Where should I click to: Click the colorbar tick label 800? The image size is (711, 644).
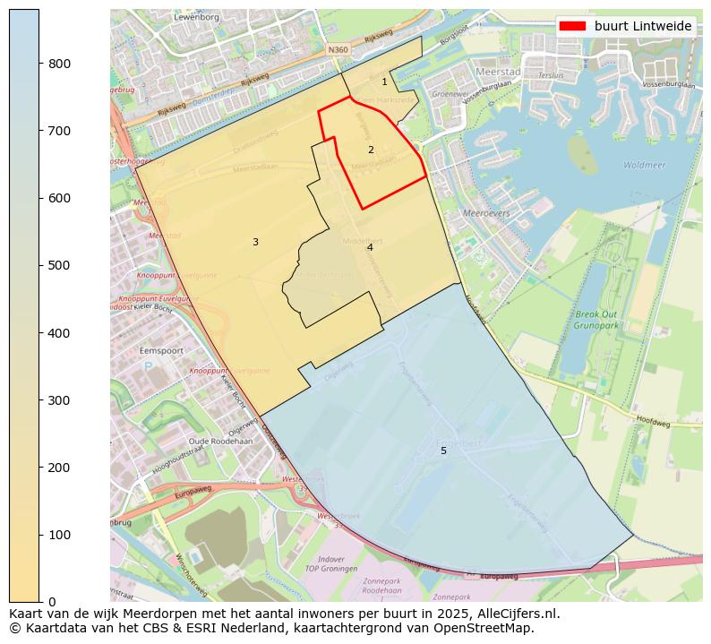[59, 64]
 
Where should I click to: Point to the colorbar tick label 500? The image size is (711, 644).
[59, 265]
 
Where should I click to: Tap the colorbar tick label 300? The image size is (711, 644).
[59, 400]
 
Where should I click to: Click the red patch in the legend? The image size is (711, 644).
[573, 26]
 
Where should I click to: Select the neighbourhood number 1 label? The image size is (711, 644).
[384, 82]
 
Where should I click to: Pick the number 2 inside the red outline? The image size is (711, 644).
[371, 150]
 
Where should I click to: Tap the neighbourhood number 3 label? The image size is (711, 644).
[255, 242]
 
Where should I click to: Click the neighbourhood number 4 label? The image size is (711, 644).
[369, 247]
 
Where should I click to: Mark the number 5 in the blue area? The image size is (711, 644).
[443, 451]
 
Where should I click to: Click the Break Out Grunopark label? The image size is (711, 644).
[596, 320]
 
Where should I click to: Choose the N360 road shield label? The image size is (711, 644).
[338, 50]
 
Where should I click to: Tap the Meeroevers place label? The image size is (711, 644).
[487, 213]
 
